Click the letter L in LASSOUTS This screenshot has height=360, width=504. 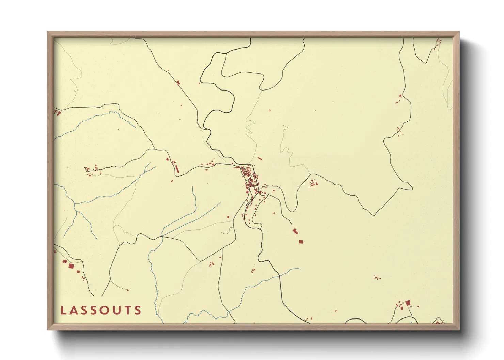tap(63, 310)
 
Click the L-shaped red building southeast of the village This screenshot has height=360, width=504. tap(295, 231)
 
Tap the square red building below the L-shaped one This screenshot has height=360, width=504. tap(301, 242)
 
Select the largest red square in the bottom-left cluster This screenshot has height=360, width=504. tap(71, 266)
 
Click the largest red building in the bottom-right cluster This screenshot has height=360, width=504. tap(408, 302)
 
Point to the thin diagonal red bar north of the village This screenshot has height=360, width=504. tap(259, 158)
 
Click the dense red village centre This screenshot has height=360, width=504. tap(251, 180)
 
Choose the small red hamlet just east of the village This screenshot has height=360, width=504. tap(313, 184)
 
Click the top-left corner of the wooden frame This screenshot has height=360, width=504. tap(48, 32)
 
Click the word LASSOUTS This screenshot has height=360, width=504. tap(101, 310)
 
